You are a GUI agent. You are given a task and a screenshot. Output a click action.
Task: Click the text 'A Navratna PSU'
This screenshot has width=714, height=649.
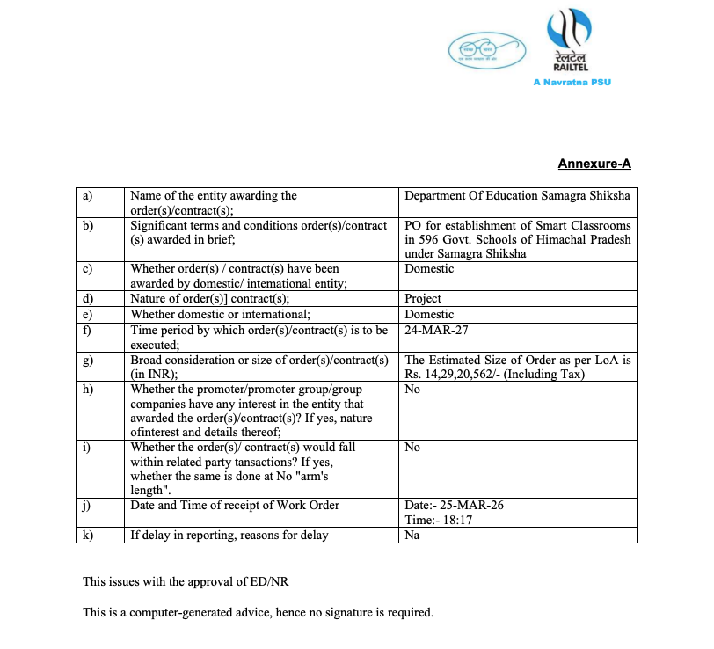click(572, 82)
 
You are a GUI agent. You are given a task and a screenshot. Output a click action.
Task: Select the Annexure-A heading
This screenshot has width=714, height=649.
click(594, 164)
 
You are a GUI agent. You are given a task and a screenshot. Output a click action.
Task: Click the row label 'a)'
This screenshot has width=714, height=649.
click(87, 196)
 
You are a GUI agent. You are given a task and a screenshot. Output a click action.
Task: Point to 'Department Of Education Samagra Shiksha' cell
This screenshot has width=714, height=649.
click(517, 196)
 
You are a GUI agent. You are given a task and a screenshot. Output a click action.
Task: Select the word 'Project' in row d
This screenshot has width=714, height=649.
click(423, 299)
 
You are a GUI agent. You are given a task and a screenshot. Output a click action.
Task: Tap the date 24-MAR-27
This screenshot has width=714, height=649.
click(437, 331)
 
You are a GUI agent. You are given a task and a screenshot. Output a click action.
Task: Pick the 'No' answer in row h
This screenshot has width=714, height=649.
click(412, 390)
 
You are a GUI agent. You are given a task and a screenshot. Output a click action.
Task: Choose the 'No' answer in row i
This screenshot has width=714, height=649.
click(412, 448)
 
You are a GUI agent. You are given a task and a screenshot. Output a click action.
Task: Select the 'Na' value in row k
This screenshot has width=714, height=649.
click(412, 535)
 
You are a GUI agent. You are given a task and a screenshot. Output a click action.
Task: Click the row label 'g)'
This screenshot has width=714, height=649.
click(87, 361)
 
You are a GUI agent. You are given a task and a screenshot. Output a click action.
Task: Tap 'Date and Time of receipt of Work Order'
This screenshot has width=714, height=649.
click(235, 506)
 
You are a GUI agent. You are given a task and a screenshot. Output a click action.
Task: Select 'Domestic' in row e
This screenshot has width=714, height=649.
click(429, 314)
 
